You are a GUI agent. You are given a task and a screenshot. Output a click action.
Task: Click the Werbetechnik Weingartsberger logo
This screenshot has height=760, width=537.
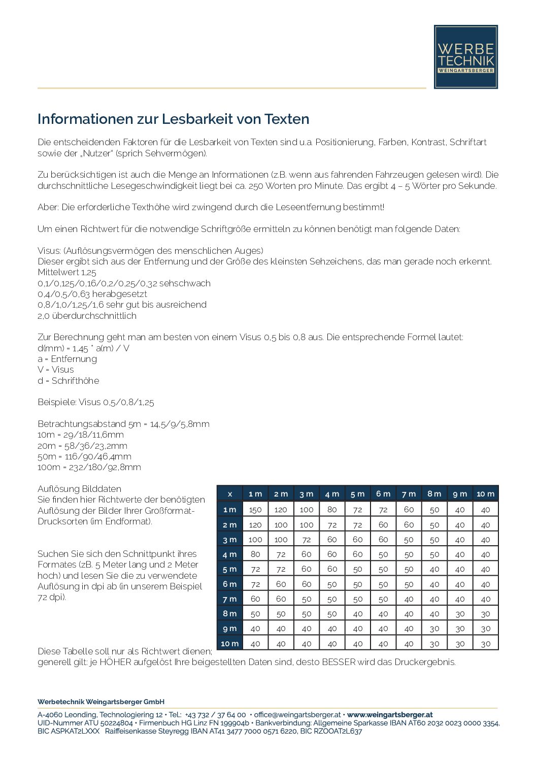tap(465, 57)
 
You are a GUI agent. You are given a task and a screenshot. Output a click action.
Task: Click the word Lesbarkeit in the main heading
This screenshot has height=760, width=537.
tap(194, 119)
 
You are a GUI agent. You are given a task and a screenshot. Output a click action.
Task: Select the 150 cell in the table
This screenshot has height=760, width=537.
tap(255, 510)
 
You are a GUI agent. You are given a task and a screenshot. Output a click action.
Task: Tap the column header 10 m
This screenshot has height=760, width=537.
tap(485, 494)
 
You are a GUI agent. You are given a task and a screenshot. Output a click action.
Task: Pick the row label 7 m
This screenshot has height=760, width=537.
tap(229, 599)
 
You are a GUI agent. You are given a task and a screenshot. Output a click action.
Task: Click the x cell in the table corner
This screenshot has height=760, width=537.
tap(230, 494)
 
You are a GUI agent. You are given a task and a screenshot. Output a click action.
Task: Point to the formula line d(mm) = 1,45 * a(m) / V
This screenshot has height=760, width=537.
tap(83, 348)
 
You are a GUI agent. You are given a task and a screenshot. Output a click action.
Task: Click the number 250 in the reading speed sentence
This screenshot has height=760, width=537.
tap(256, 186)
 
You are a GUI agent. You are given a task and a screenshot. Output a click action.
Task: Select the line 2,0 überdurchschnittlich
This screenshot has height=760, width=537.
tap(87, 316)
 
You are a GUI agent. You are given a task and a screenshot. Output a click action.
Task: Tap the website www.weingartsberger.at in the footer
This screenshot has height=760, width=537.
tap(389, 715)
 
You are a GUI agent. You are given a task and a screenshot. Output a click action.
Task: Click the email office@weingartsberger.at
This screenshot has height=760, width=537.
tap(297, 715)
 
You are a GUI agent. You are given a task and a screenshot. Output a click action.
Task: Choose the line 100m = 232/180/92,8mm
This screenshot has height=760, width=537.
tap(89, 467)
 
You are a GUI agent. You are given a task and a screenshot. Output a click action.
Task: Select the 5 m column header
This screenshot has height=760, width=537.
tap(357, 494)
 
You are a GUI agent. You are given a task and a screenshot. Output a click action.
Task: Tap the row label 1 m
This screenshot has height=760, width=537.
tap(229, 510)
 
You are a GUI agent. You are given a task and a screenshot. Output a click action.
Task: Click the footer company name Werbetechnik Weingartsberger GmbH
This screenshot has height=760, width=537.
tap(101, 702)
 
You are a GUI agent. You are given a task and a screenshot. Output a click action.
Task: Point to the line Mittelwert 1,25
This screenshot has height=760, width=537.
tap(67, 273)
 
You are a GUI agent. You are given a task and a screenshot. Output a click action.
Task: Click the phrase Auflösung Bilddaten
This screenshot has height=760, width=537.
tap(79, 489)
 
